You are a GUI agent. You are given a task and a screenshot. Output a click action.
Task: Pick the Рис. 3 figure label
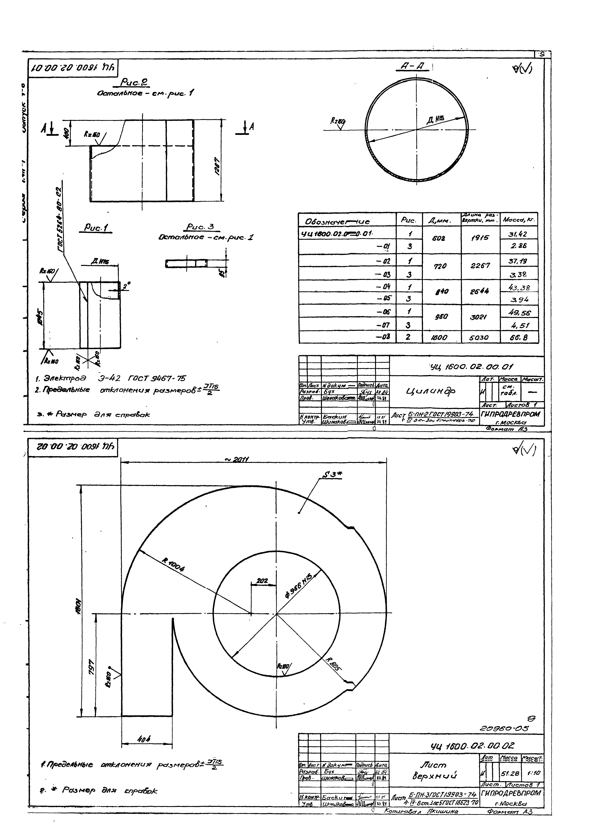pos(200,227)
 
